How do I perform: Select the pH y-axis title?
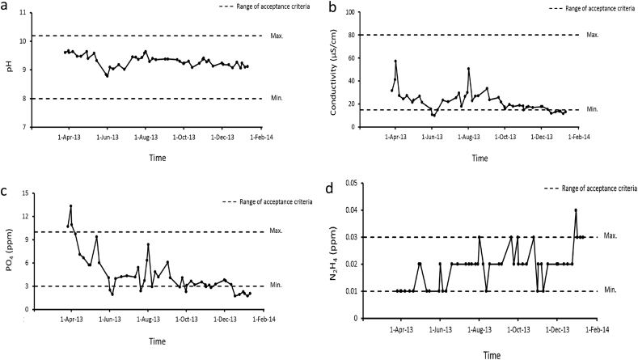click(9, 70)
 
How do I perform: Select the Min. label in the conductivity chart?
click(592, 109)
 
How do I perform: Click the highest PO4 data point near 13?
click(70, 205)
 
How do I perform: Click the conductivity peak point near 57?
click(395, 61)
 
